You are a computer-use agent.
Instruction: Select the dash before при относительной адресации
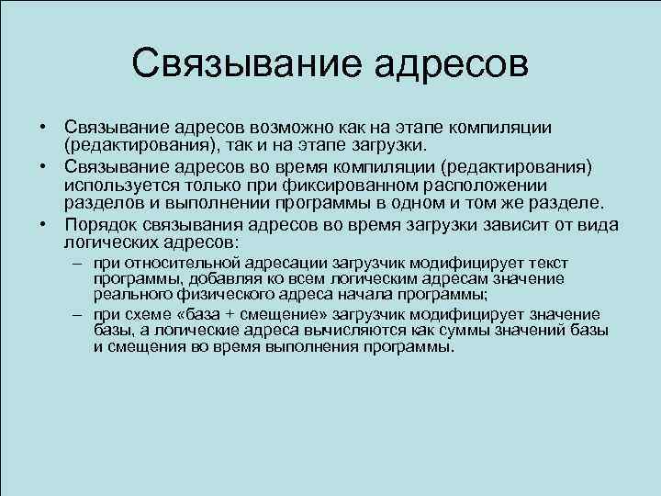click(x=81, y=262)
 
